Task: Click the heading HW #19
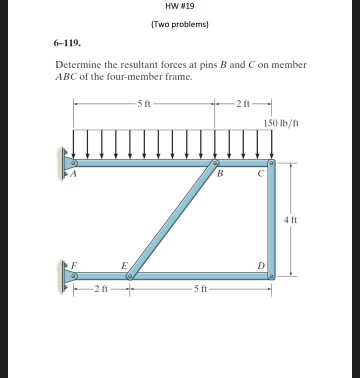(179, 8)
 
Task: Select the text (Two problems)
(179, 25)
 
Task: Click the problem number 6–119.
(66, 45)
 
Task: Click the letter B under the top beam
(219, 173)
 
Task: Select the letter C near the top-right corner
(259, 173)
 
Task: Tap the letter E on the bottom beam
(123, 265)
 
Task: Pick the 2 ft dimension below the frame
(100, 288)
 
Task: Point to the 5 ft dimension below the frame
(200, 288)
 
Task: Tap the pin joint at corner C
(270, 160)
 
